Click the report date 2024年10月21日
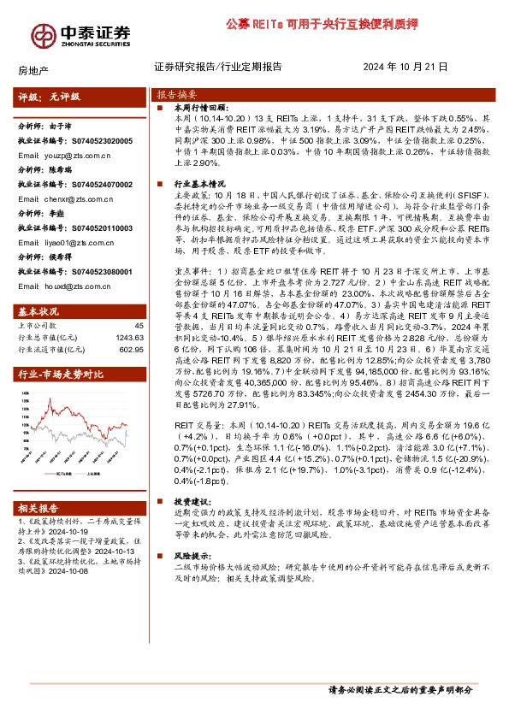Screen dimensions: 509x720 pyautogui.click(x=406, y=67)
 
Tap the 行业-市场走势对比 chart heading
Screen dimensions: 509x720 pyautogui.click(x=61, y=373)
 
